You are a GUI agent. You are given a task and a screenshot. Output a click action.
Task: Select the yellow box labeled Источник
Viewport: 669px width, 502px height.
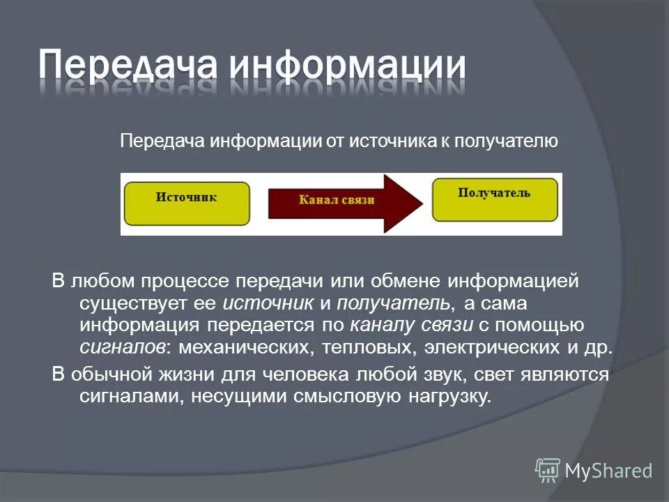pos(186,203)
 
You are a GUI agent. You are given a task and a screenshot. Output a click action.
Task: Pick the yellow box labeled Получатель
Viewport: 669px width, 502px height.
pos(494,198)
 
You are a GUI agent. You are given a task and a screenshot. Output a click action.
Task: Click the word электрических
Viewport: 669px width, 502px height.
pos(493,347)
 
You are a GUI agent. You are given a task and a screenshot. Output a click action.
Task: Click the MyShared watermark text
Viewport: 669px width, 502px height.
pos(608,471)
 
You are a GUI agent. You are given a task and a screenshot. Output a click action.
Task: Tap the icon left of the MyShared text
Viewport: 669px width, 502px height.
pos(548,470)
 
